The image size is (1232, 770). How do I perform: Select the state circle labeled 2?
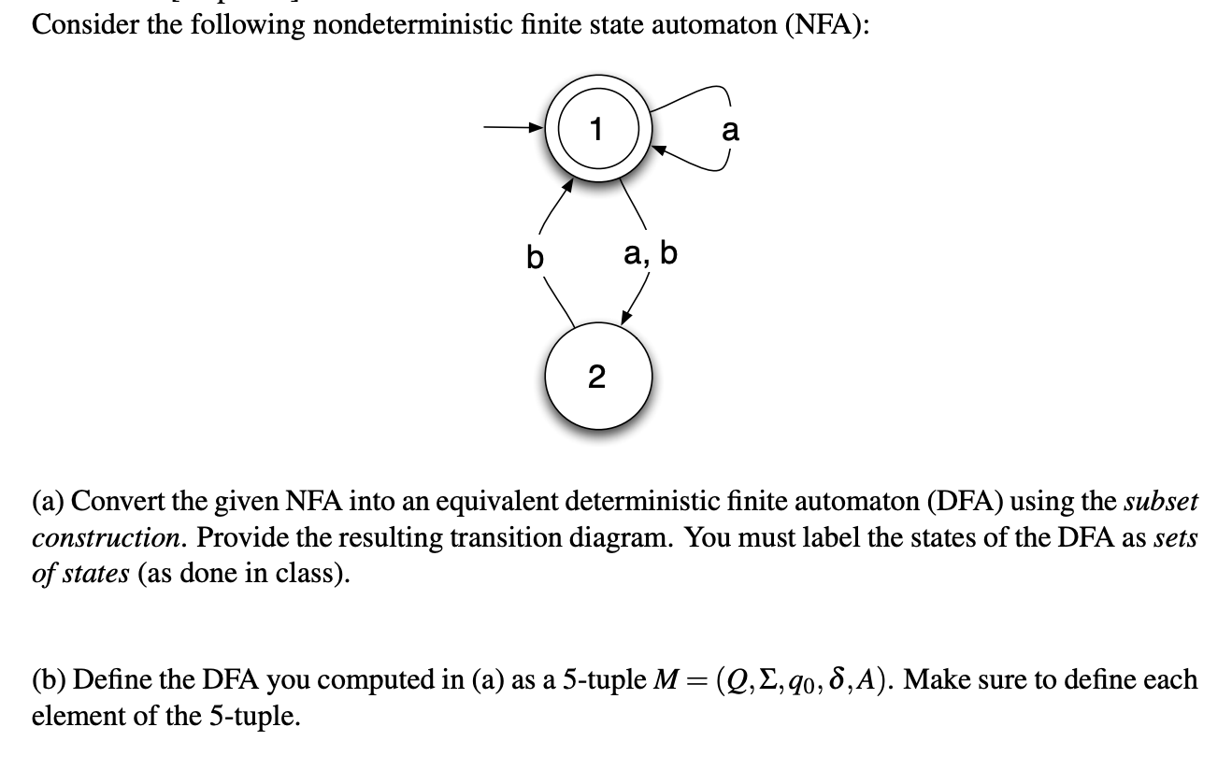click(x=596, y=377)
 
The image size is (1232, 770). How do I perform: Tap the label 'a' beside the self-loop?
click(x=730, y=131)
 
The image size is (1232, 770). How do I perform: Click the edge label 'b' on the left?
click(x=534, y=255)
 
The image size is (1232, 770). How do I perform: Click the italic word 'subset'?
click(x=1159, y=502)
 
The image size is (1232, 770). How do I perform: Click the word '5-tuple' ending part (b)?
click(x=253, y=717)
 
